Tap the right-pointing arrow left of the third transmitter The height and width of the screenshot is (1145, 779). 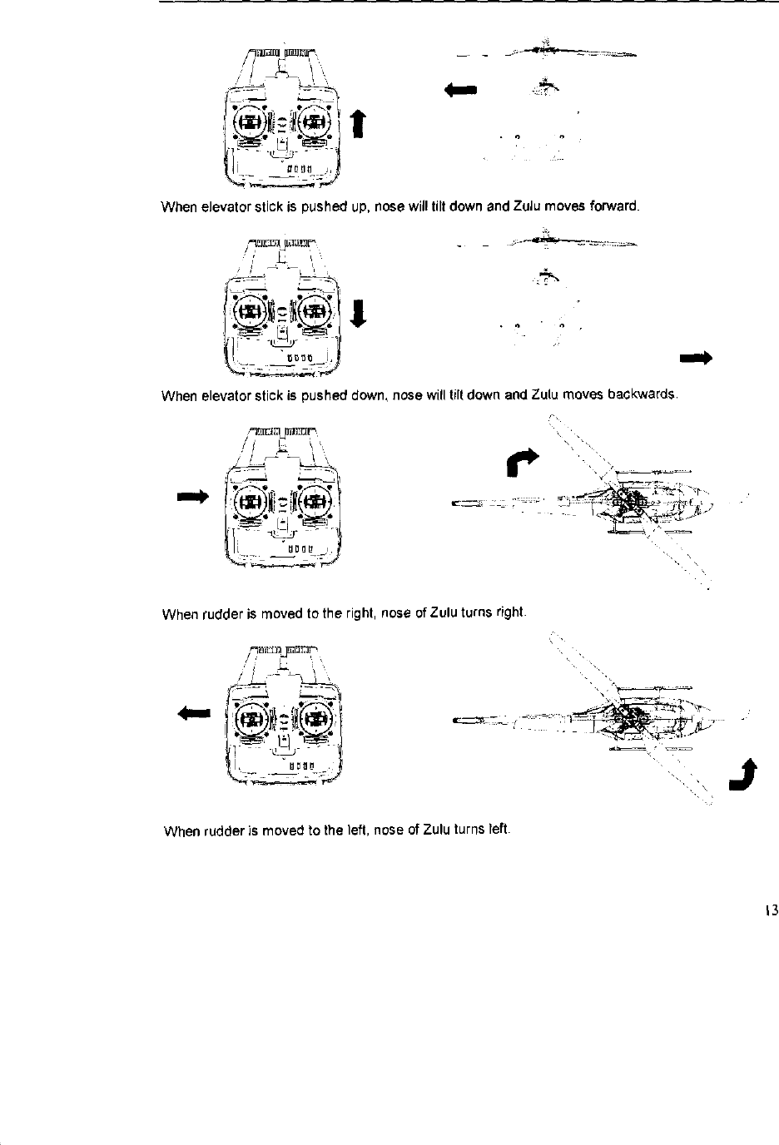pos(191,497)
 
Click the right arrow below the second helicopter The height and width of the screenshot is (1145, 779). pos(696,359)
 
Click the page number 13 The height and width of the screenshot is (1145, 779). pos(770,910)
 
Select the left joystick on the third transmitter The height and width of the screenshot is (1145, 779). pos(249,499)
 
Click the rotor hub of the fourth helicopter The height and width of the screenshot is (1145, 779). pos(630,716)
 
